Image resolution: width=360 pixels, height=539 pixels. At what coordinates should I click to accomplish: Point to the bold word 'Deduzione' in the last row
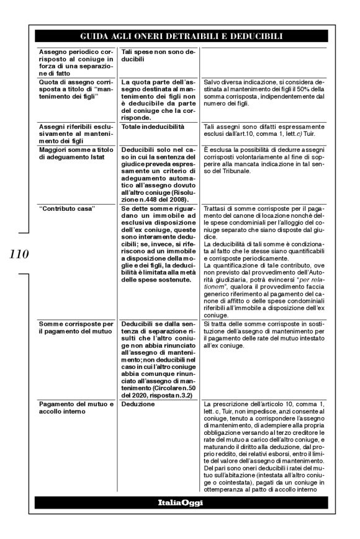click(138, 404)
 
